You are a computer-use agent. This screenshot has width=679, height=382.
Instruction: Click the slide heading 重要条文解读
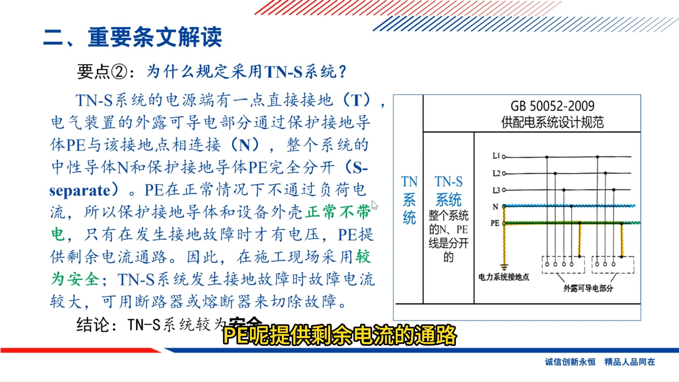(x=155, y=37)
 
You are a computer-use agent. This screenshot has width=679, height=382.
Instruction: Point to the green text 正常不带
(x=338, y=212)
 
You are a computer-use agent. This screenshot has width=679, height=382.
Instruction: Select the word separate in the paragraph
(x=80, y=191)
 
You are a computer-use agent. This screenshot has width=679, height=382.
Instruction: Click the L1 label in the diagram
(x=496, y=156)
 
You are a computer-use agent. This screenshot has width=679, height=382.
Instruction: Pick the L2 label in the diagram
(x=496, y=173)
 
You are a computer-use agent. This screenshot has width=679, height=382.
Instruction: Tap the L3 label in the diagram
(x=496, y=190)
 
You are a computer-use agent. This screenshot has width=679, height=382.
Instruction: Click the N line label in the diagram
(x=495, y=207)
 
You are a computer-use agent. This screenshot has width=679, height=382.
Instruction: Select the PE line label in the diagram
(x=495, y=223)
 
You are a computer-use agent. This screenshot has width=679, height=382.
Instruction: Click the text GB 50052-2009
(x=552, y=106)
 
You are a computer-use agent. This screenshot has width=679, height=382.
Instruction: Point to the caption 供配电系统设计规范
(x=552, y=122)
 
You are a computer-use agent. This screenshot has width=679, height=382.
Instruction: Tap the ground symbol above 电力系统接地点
(x=504, y=267)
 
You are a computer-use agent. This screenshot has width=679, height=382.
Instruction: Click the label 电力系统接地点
(x=504, y=277)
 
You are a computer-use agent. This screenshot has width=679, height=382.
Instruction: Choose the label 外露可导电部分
(x=588, y=288)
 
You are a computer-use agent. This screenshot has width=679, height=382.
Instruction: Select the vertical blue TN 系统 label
(x=409, y=200)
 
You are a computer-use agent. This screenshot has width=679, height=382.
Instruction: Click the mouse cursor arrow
(x=375, y=205)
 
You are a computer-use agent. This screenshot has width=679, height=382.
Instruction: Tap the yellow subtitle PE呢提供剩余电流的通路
(x=339, y=335)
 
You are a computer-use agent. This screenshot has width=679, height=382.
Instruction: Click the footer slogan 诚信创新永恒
(x=570, y=362)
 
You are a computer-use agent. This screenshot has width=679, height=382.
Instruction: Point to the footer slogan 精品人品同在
(x=629, y=362)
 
